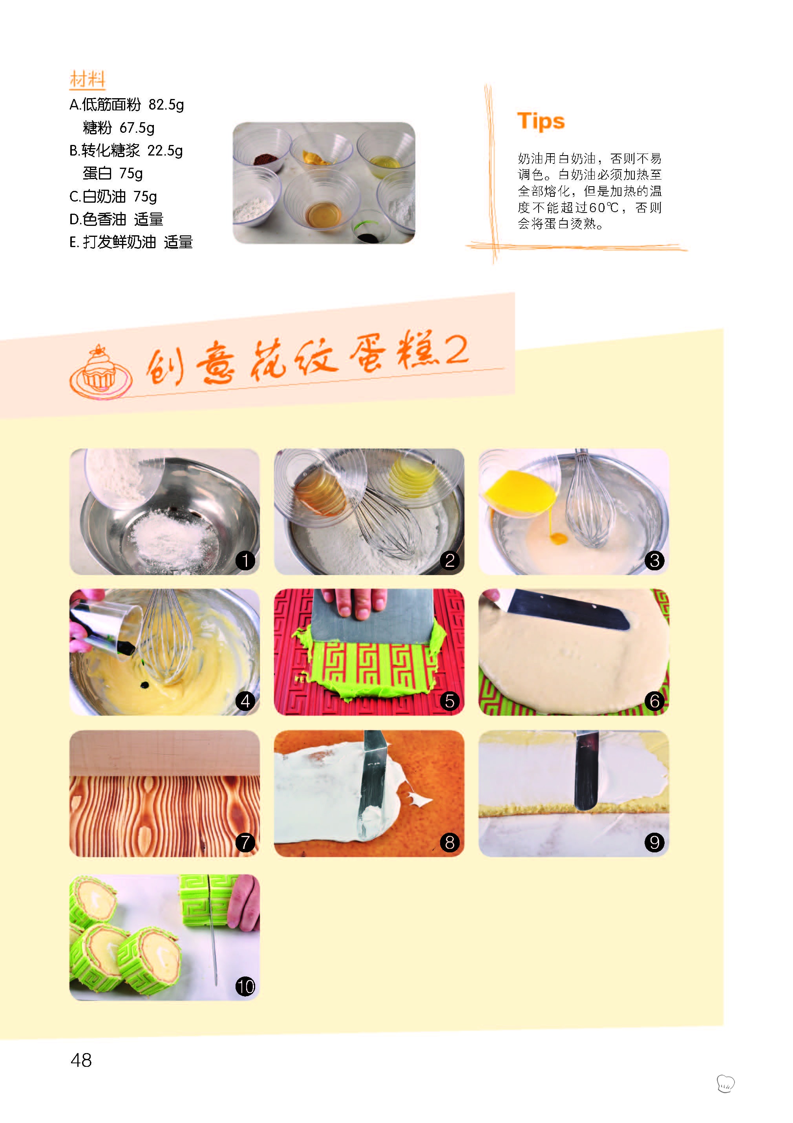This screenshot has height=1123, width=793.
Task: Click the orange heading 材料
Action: coord(88,79)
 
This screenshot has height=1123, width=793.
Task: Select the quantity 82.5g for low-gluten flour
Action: coord(166,104)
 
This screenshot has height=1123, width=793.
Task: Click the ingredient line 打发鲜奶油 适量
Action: coord(131,242)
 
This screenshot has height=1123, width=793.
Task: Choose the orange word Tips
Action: coord(541,121)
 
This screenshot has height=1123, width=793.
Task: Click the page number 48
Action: coord(81,1060)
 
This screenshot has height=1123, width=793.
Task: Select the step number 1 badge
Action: coord(245,560)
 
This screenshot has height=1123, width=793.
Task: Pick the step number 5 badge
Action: coord(450,701)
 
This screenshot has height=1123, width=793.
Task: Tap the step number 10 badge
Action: coord(245,986)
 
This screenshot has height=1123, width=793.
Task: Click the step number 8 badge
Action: coord(450,842)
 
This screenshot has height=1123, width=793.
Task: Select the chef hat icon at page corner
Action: coord(725,1083)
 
